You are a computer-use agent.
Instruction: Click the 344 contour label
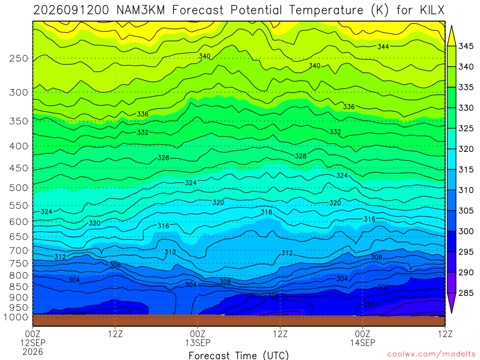pos(383,46)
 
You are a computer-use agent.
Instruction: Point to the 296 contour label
pos(369,304)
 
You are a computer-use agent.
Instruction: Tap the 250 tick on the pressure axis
pos(19,58)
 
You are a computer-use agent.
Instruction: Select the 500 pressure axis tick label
pos(19,187)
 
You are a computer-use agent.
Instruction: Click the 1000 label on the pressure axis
pos(16,317)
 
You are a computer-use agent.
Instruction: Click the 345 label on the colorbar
pos(465,46)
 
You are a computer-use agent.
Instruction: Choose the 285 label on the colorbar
pos(465,293)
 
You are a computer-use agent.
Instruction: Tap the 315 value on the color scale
pos(465,170)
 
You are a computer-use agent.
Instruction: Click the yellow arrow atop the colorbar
pos(451,36)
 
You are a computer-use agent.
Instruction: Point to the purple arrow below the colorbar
pos(451,302)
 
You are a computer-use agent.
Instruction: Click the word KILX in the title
pos(432,10)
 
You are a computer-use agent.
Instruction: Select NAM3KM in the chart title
pos(141,10)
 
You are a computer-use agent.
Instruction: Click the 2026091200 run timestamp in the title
pos(71,10)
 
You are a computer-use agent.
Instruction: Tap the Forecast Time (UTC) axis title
pos(239,355)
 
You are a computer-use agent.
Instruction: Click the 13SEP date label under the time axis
pos(198,343)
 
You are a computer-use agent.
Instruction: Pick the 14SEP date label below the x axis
pos(363,343)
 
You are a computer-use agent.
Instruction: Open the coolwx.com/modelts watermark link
pos(431,354)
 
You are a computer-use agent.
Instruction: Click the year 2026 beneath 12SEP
pos(33,352)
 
